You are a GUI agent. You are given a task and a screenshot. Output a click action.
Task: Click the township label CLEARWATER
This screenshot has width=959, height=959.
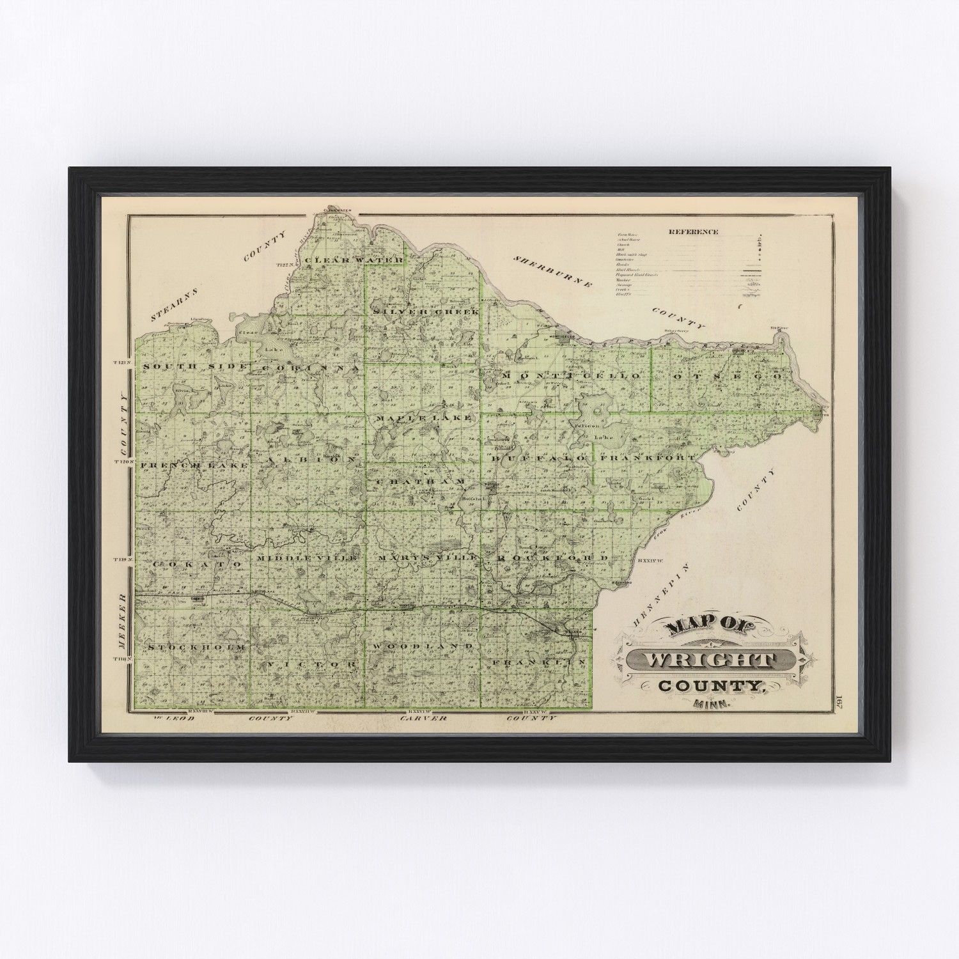(354, 260)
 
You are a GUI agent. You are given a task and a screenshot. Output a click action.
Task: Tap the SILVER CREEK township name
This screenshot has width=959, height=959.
(425, 311)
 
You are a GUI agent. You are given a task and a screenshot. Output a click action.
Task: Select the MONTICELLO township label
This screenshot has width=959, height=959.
(571, 377)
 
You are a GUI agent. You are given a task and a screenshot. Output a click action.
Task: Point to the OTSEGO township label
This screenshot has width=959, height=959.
(728, 377)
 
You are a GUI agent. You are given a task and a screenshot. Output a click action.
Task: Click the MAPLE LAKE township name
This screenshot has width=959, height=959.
(424, 417)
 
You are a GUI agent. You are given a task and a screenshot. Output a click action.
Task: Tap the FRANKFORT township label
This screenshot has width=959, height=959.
(648, 458)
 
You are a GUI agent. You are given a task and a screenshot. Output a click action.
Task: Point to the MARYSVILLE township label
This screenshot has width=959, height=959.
(427, 558)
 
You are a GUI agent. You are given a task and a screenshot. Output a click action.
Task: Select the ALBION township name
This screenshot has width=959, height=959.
(310, 460)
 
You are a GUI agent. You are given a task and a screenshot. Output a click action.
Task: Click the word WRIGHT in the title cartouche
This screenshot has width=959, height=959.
(711, 660)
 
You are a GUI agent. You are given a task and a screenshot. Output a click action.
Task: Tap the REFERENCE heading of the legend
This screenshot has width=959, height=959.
(693, 232)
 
